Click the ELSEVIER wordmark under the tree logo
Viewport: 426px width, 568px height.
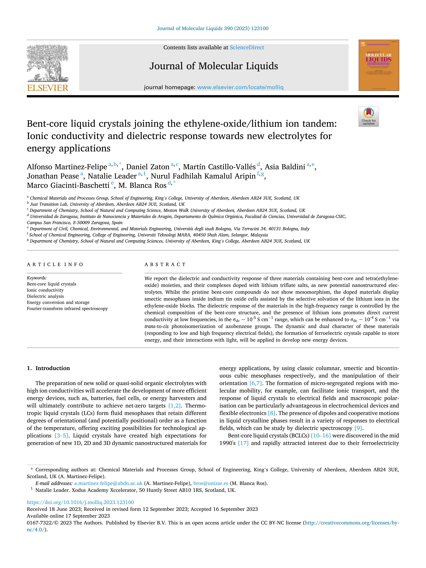(x=48, y=88)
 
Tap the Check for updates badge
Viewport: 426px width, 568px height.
(x=368, y=117)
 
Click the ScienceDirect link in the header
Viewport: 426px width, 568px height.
(x=247, y=48)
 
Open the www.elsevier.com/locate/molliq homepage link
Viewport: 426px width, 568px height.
(x=240, y=87)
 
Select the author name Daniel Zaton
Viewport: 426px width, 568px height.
(x=148, y=167)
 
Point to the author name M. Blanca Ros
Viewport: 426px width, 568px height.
(x=142, y=185)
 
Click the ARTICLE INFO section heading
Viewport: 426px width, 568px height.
(x=55, y=265)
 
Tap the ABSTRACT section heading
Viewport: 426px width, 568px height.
(x=165, y=265)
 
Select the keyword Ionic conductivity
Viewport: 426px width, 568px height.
(x=45, y=290)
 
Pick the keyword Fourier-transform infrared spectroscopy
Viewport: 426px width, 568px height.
(x=67, y=309)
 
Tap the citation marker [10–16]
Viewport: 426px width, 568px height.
(x=321, y=436)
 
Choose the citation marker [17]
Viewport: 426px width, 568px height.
(x=243, y=443)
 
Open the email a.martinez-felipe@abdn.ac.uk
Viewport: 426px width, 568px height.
(x=108, y=483)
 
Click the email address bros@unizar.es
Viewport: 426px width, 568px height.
(x=211, y=483)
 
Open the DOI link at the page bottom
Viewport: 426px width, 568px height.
(x=80, y=502)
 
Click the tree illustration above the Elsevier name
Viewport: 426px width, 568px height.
(x=48, y=63)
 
